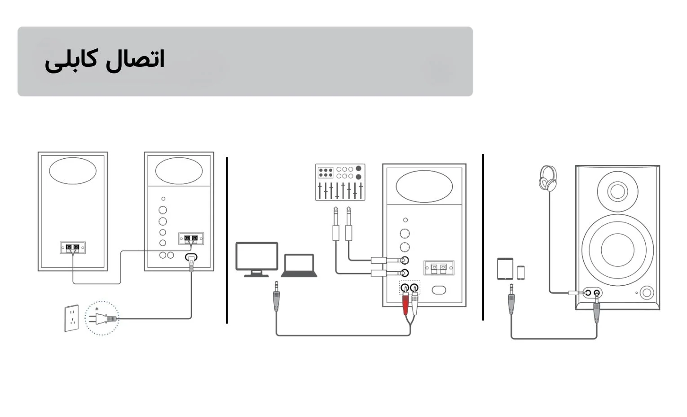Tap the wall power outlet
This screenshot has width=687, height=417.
[x=71, y=318]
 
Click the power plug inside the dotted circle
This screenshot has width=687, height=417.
[x=102, y=319]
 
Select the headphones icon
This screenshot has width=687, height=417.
[x=548, y=178]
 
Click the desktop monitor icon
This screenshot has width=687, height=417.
[x=257, y=259]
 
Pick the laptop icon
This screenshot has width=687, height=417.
[x=299, y=265]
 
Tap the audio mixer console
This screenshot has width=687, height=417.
[x=340, y=182]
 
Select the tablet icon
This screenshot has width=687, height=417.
[x=505, y=269]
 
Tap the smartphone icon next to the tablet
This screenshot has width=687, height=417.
[x=521, y=273]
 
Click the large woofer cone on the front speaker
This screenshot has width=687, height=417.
[x=617, y=249]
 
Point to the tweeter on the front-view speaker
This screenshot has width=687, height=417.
[x=617, y=191]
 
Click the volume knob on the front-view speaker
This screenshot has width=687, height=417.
[x=647, y=293]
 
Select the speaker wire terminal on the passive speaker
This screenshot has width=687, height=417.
[x=73, y=248]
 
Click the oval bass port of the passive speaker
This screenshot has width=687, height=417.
[x=73, y=171]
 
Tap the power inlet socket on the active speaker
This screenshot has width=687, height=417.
[x=191, y=257]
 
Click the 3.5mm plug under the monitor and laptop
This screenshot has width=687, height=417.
[x=276, y=296]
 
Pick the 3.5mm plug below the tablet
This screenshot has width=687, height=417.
[x=511, y=299]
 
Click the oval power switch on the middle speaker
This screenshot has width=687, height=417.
[x=439, y=290]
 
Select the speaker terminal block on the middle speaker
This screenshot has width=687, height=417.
[x=439, y=268]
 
